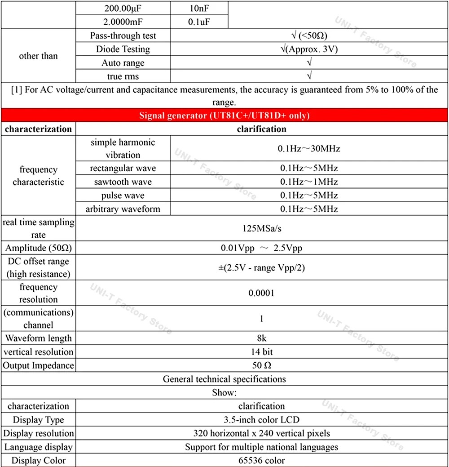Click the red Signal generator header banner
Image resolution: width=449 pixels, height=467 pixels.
[x=224, y=116]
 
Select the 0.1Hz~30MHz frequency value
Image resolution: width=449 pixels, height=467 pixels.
[x=309, y=148]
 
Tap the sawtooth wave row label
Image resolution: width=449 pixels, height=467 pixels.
[x=123, y=182]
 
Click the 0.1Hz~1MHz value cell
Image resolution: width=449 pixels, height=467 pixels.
[x=309, y=182]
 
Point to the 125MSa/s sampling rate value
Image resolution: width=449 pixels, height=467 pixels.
[x=262, y=228]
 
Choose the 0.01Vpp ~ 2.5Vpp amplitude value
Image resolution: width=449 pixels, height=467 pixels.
[x=262, y=248]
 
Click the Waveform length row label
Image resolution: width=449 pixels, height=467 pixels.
[x=38, y=338]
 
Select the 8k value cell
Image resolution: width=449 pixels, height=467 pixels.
[x=262, y=338]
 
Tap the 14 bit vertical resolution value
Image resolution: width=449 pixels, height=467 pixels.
[x=262, y=351]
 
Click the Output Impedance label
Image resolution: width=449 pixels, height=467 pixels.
[x=38, y=365]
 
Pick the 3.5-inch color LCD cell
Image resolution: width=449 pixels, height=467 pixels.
[x=262, y=420]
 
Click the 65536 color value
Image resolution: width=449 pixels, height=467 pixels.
[x=262, y=460]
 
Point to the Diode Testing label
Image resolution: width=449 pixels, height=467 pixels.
[x=123, y=49]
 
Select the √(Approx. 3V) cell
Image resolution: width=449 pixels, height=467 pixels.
[x=309, y=49]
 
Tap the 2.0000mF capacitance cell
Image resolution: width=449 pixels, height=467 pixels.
[x=123, y=22]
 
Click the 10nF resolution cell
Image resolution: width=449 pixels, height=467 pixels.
[x=199, y=8]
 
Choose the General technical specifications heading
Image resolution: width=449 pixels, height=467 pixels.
[x=224, y=379]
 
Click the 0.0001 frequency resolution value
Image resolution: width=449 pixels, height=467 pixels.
[x=262, y=293]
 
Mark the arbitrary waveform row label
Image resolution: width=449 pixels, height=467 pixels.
[x=123, y=209]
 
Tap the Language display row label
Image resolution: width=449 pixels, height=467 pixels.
[x=38, y=447]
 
